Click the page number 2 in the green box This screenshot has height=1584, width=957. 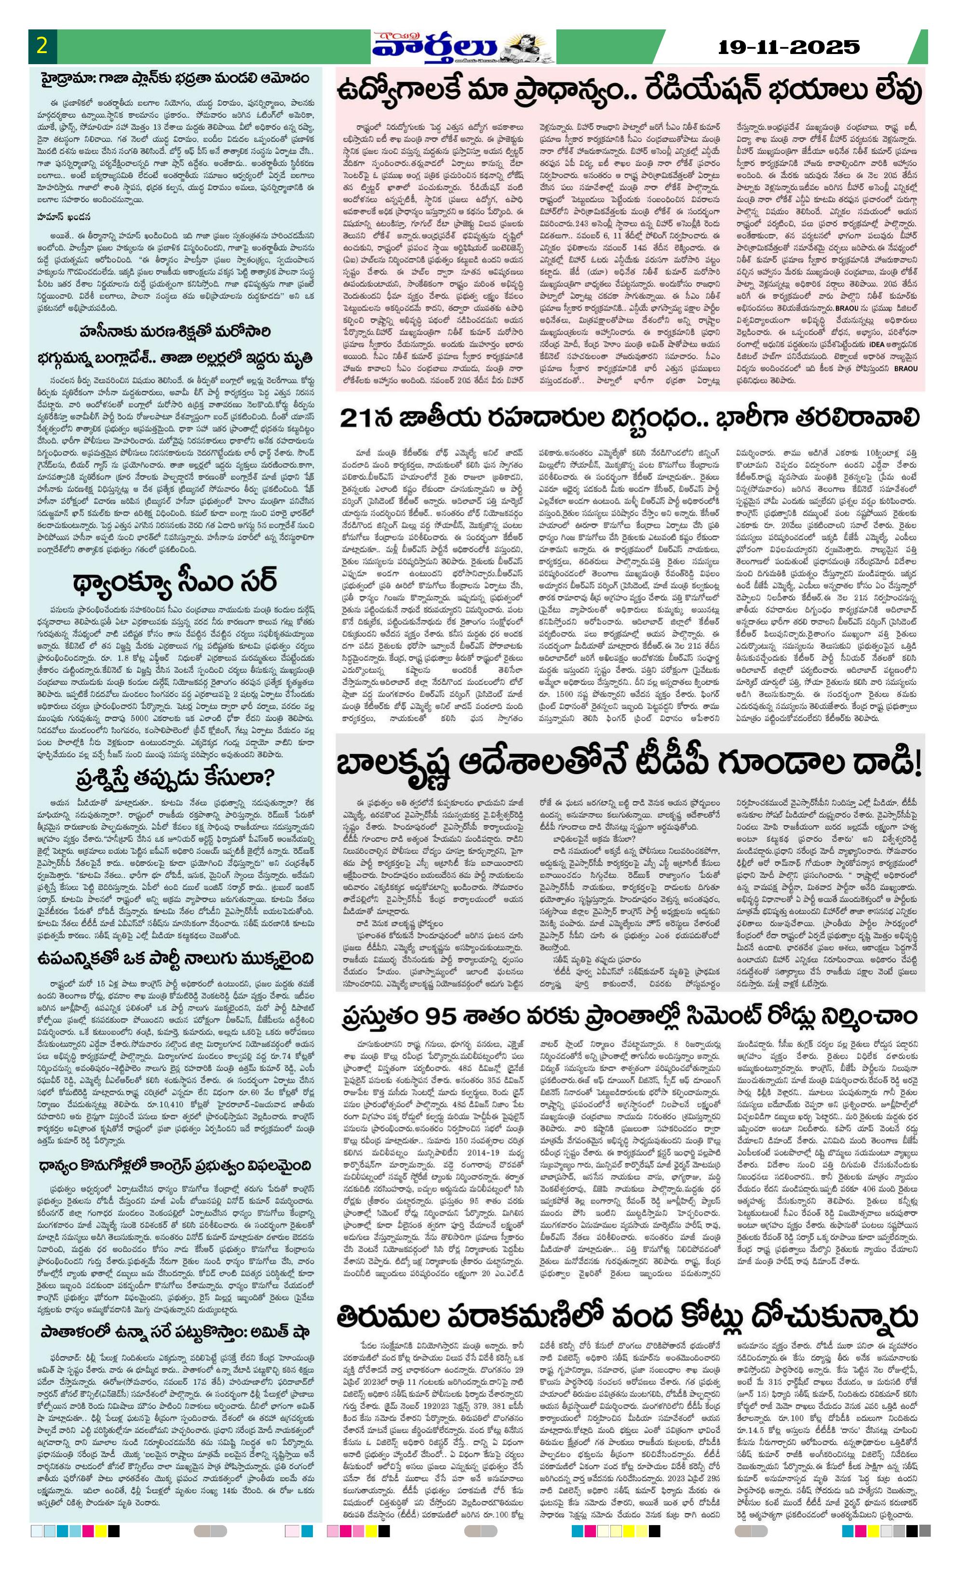pos(42,47)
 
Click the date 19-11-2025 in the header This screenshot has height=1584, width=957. pos(788,47)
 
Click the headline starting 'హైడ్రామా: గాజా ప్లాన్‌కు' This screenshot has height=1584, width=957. pos(176,79)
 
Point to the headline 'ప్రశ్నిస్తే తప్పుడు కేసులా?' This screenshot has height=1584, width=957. pos(175,778)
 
